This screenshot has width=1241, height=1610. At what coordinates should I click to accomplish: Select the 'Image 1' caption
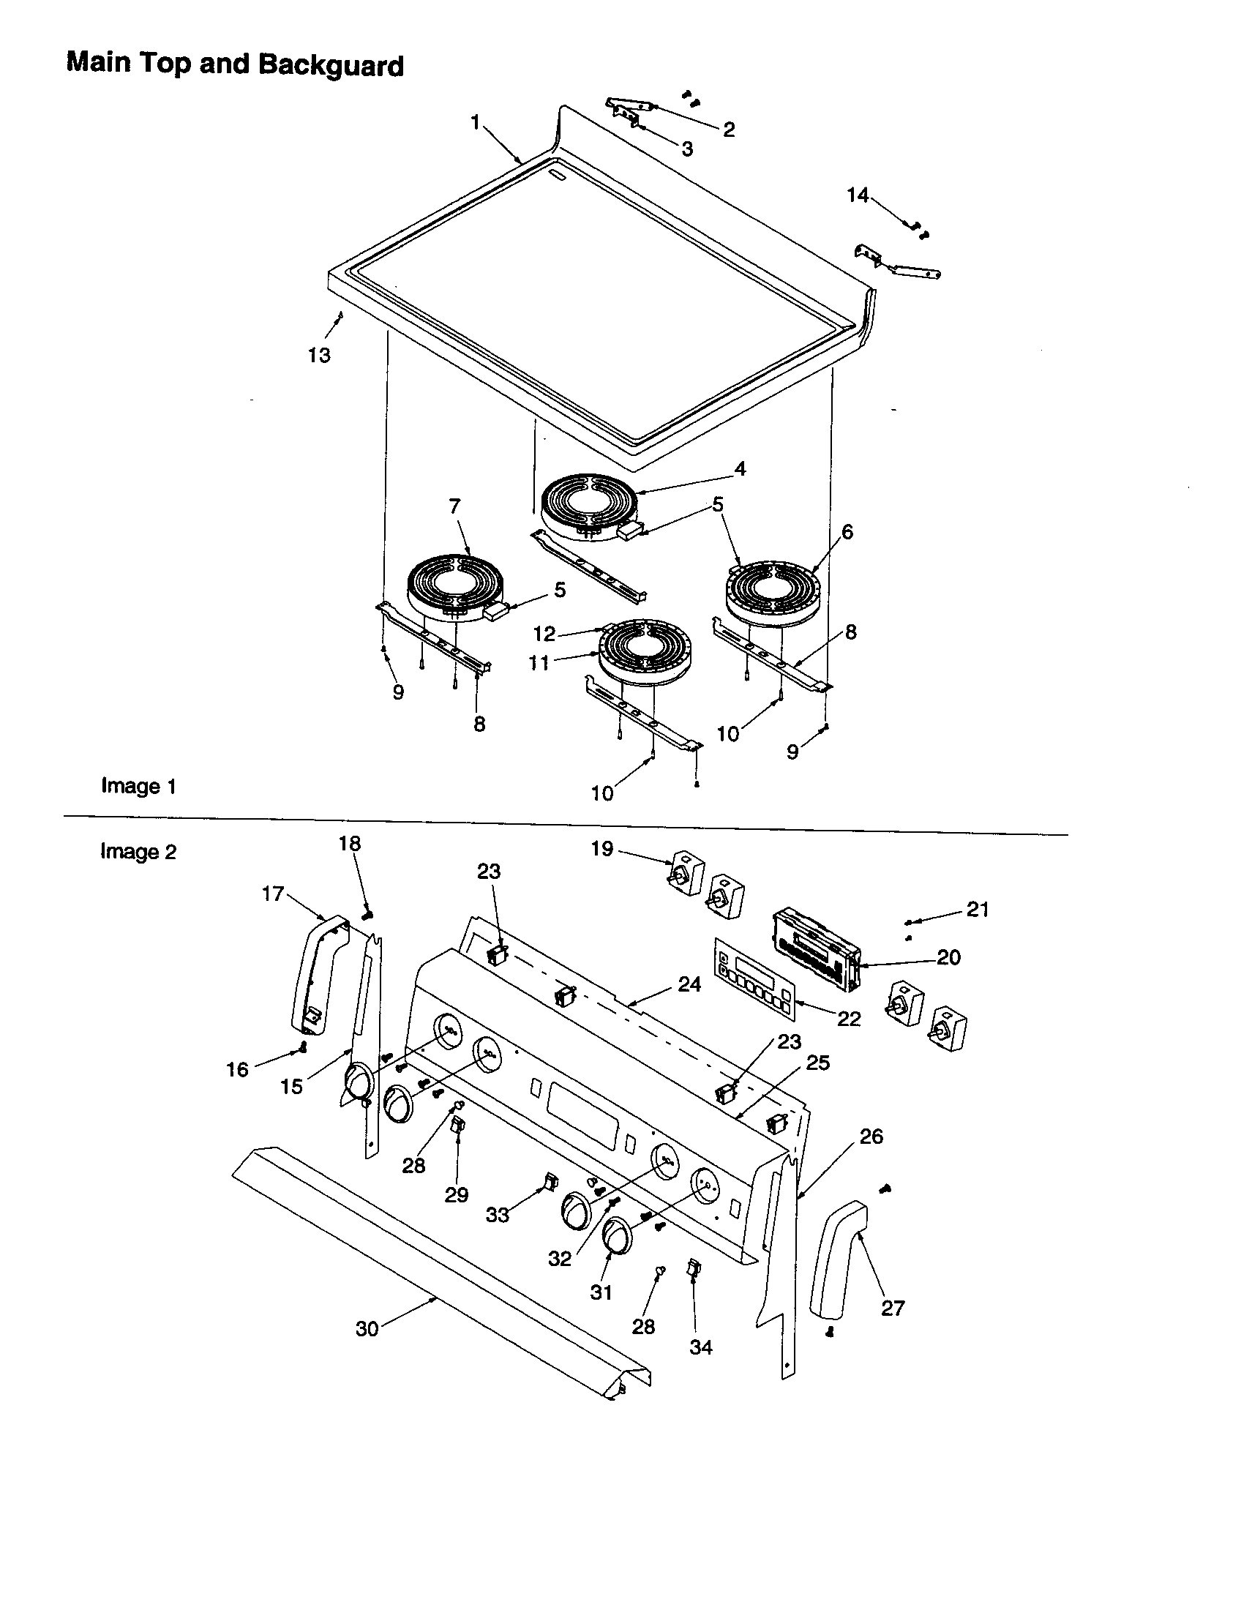pos(138,786)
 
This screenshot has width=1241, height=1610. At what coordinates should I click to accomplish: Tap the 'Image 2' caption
pos(138,851)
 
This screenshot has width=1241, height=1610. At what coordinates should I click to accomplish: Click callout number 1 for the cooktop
pos(476,121)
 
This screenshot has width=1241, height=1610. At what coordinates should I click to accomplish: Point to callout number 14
pos(857,195)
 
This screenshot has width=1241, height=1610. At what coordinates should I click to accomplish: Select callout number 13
pos(319,356)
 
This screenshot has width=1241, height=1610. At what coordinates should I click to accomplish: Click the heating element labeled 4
pos(590,509)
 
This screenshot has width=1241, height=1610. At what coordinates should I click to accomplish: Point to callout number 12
pos(544,633)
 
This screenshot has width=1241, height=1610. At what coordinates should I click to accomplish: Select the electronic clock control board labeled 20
pos(814,951)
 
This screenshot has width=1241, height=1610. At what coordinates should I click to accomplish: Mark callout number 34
pos(701,1347)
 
